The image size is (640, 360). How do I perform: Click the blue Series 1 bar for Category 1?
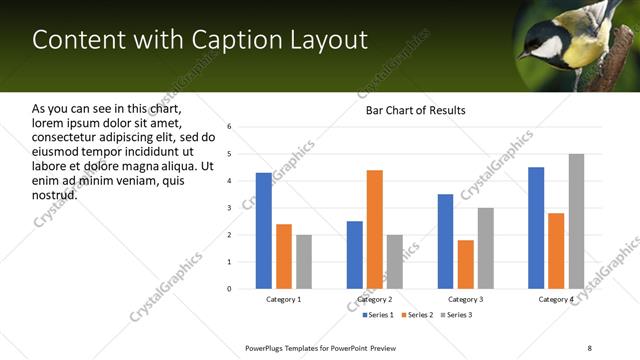[264, 231]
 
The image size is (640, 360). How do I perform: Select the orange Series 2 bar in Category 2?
[375, 229]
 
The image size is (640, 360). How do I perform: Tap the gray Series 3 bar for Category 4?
[576, 221]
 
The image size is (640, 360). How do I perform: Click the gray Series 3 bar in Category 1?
[304, 262]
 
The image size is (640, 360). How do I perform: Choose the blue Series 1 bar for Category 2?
[355, 255]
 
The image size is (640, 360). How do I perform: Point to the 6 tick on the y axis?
[230, 127]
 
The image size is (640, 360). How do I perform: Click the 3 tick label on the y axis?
[230, 208]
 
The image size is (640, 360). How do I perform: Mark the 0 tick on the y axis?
[230, 289]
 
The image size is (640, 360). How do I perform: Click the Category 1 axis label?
[284, 299]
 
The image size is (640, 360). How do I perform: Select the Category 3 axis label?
[465, 299]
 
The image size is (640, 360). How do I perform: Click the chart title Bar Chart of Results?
[415, 110]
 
